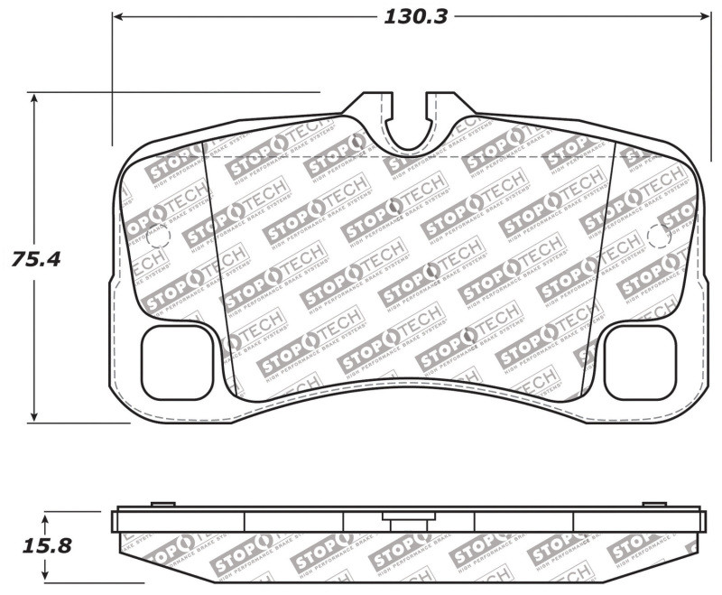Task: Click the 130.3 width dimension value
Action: pyautogui.click(x=416, y=17)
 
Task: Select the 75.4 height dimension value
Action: pyautogui.click(x=35, y=260)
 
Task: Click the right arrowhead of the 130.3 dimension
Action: pyautogui.click(x=705, y=17)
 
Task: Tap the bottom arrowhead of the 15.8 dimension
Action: pyautogui.click(x=47, y=578)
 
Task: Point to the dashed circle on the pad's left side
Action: pyautogui.click(x=157, y=237)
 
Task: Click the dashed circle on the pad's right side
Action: pyautogui.click(x=660, y=237)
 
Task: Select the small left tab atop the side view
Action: pyautogui.click(x=162, y=504)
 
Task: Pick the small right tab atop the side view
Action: pyautogui.click(x=653, y=504)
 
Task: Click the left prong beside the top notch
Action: pyautogui.click(x=374, y=106)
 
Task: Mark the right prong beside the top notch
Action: pyautogui.click(x=440, y=106)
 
